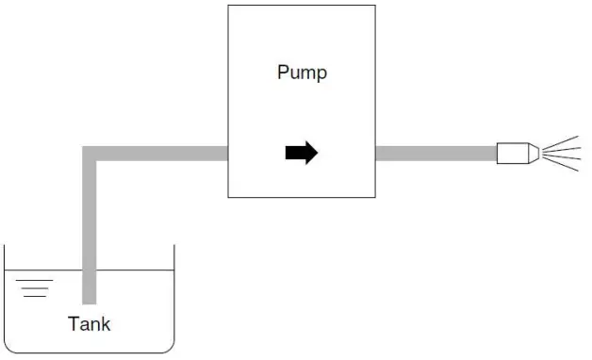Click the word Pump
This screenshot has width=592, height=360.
[302, 73]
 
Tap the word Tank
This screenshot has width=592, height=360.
[90, 324]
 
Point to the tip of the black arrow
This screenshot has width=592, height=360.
[318, 153]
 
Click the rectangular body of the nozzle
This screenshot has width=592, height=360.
[512, 153]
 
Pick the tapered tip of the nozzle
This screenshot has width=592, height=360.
[533, 153]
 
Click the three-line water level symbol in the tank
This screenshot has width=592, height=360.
[33, 287]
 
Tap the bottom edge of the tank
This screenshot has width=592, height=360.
[90, 353]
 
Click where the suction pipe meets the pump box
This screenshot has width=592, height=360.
[228, 154]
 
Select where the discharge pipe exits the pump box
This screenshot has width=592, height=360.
[376, 153]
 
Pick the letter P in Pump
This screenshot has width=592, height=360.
[283, 73]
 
